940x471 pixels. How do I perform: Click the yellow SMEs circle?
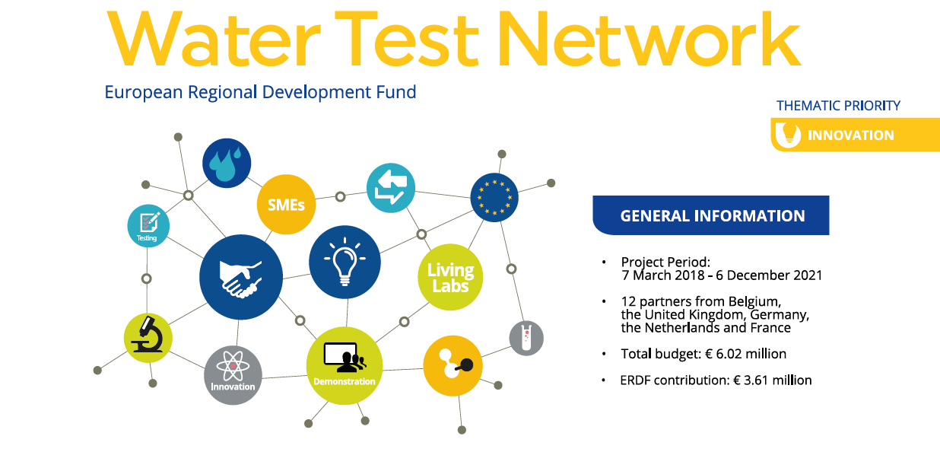click(286, 205)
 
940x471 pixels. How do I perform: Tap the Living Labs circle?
click(450, 277)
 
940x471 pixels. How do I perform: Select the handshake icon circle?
click(241, 277)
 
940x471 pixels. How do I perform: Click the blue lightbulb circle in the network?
click(345, 262)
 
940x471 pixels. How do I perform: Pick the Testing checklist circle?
click(148, 226)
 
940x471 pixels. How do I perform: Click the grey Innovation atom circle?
click(233, 375)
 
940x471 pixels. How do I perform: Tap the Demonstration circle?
click(345, 366)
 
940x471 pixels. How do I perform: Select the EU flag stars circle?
click(494, 197)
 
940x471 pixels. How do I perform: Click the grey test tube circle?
click(526, 339)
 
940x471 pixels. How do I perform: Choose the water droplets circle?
click(227, 163)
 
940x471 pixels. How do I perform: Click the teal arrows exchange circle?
click(391, 188)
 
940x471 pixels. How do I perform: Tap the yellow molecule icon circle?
click(453, 366)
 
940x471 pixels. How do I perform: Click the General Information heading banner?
click(711, 215)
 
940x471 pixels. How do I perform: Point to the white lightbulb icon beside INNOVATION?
click(788, 135)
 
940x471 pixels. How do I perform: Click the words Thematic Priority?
click(838, 105)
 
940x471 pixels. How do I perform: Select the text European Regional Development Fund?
click(260, 92)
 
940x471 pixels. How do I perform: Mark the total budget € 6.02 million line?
click(703, 354)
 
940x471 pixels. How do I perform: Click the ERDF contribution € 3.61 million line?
click(716, 380)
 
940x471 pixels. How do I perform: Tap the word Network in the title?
click(649, 39)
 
